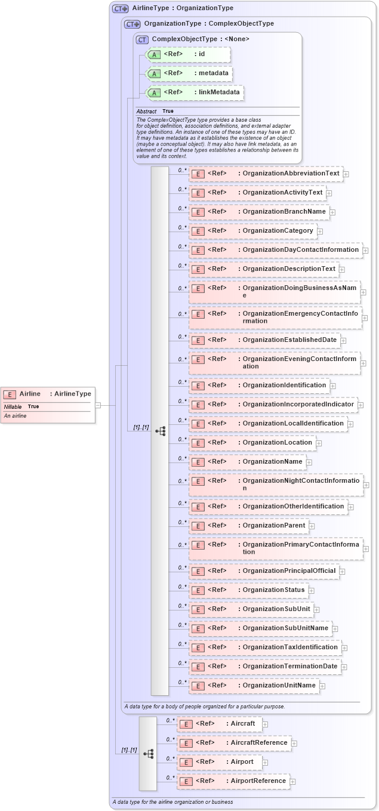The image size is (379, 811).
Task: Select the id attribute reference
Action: pos(179,54)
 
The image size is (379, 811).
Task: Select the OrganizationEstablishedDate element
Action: pos(264,340)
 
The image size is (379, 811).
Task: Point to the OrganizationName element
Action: pos(247,461)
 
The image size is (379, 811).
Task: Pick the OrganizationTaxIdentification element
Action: pos(265,647)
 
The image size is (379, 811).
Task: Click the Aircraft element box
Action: pos(219,724)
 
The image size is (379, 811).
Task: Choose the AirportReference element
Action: pos(233,781)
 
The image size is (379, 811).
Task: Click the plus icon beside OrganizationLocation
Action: pos(319,443)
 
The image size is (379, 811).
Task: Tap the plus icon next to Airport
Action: pos(265,763)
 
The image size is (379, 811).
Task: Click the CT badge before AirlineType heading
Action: pos(121,9)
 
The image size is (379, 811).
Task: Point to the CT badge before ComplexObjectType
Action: pos(142,39)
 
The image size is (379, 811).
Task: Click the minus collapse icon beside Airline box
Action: pos(98,405)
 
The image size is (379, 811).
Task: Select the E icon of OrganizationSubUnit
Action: pos(198,610)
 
